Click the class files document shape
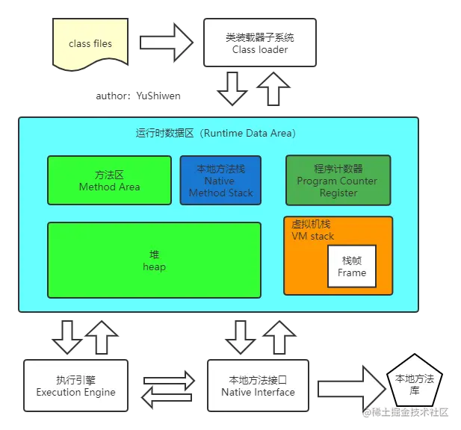point(90,44)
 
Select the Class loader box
point(259,43)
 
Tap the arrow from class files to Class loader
point(166,43)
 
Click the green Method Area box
point(109,180)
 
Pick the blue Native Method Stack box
point(220,180)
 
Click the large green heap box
point(154,260)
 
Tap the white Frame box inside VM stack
point(351,267)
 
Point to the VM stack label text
point(312,236)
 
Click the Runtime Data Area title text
point(215,134)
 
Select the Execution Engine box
point(75,385)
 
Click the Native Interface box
point(257,385)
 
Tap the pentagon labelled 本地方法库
point(414,385)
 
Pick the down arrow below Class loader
point(233,89)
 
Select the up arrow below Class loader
point(272,89)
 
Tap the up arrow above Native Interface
point(281,335)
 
